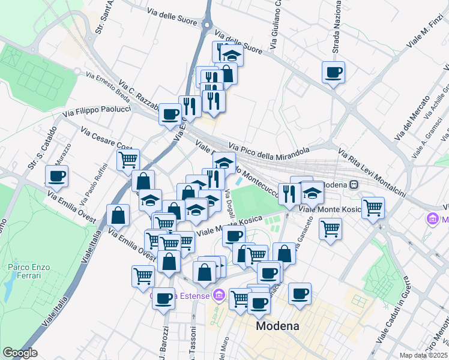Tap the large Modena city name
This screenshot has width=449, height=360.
[277, 326]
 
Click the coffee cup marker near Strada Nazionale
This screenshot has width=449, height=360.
[333, 73]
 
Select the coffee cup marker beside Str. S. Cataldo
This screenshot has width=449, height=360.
[57, 176]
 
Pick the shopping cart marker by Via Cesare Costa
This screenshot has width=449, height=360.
[128, 160]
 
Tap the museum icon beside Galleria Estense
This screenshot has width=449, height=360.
[218, 295]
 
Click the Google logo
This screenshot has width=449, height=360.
[20, 353]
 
